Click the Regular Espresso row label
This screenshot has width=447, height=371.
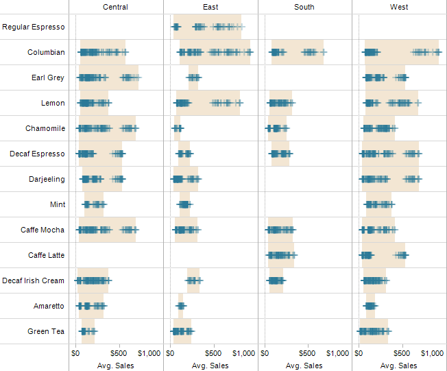point(34,27)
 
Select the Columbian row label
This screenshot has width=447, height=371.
point(47,52)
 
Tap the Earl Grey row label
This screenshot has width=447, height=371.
point(48,77)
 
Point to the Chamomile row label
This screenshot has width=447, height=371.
point(45,128)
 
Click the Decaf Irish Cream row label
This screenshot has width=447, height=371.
point(33,280)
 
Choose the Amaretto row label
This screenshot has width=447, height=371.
point(49,306)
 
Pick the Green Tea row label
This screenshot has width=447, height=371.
point(47,331)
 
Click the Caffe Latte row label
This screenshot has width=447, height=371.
point(47,255)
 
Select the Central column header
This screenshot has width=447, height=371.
point(115,7)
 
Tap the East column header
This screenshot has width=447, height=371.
point(211,7)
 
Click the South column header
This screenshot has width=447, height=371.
point(304,7)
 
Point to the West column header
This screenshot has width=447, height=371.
point(399,7)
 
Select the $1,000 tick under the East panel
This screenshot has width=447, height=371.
point(243,353)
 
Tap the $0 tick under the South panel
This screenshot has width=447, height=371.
point(265,353)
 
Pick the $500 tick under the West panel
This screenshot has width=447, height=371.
point(402,353)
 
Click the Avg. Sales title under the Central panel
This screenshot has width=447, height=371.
point(116,366)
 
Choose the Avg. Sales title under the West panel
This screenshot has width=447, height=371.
point(398,366)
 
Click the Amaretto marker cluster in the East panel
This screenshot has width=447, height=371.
point(181,306)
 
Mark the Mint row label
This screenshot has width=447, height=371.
point(58,204)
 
